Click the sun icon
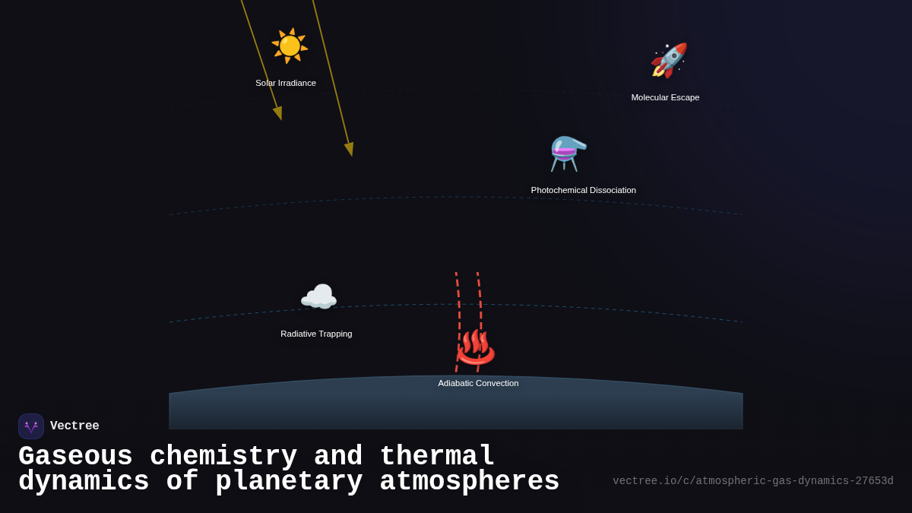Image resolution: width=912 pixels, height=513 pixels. tap(290, 46)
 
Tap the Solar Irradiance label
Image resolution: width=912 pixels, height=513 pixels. tap(286, 83)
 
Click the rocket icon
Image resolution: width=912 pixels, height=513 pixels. tap(669, 60)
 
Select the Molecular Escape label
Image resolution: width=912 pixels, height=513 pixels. tap(665, 97)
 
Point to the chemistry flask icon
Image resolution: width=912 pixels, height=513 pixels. tap(568, 153)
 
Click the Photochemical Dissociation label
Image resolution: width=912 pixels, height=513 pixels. tap(584, 190)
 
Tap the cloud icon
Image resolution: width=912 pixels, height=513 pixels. tap(318, 297)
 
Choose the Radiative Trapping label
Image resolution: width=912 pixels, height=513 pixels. tap(316, 334)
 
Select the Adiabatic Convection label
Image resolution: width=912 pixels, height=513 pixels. tap(478, 383)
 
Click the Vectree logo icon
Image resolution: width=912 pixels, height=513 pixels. tap(31, 426)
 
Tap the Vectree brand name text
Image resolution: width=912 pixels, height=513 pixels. tap(74, 426)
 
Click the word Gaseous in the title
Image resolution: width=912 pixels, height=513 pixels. tap(75, 457)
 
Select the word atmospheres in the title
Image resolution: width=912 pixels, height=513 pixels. tap(469, 482)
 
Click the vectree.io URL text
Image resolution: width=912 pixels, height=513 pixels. tap(752, 481)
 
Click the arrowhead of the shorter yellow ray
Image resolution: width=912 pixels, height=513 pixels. tap(278, 113)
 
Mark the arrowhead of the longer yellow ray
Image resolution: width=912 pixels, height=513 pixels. tap(350, 149)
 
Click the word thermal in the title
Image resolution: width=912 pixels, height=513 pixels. tap(437, 457)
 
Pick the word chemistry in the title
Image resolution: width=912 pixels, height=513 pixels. tap(223, 457)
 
